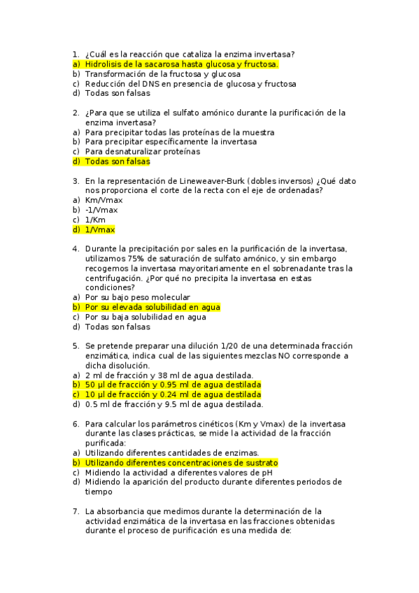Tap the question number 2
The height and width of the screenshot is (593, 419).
point(76,113)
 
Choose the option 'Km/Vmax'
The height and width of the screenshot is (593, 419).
point(104,200)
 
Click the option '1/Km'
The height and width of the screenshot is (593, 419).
point(97,220)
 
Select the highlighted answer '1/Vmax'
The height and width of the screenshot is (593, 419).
point(101,229)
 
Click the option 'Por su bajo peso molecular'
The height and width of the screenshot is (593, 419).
point(137,297)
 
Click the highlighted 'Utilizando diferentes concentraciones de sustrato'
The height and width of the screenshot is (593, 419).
point(181,463)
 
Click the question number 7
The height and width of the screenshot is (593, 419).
point(76,511)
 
